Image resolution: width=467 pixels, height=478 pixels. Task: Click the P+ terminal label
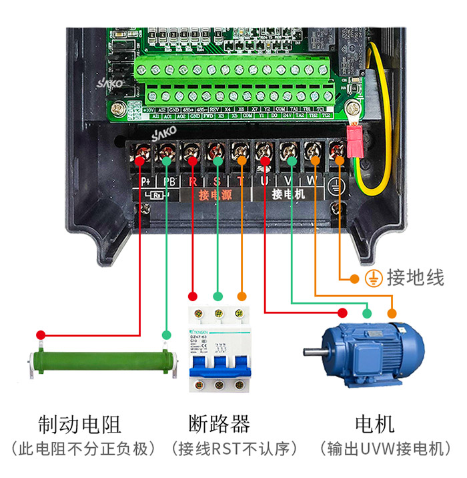pos(145,181)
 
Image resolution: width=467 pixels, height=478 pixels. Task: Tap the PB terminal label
pos(167,181)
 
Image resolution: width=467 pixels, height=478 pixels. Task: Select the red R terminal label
pos(193,181)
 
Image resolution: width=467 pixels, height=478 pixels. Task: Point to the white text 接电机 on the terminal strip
pos(288,195)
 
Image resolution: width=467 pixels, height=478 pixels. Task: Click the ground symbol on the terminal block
pos(338,188)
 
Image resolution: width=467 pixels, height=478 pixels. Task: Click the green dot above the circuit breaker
pos(217,296)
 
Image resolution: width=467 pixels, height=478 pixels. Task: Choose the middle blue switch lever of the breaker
pos(217,361)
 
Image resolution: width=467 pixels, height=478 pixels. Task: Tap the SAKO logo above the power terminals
pos(163,134)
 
